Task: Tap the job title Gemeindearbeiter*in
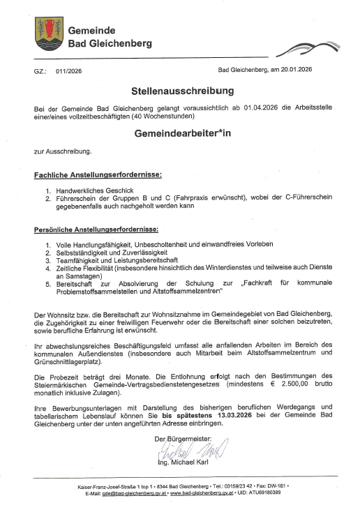tap(182, 133)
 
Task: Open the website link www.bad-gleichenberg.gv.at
tap(196, 492)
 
